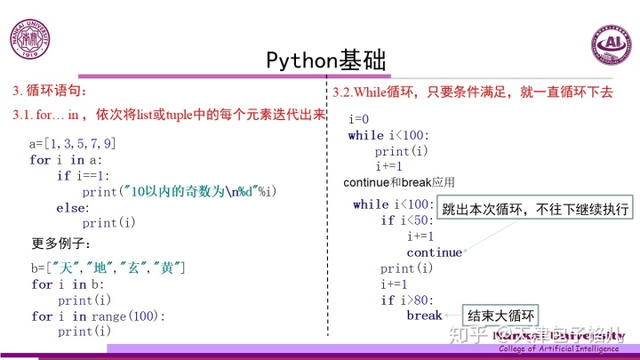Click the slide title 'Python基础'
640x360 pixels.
coord(325,60)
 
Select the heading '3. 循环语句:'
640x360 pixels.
coord(51,90)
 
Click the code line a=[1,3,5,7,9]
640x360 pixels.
coord(73,143)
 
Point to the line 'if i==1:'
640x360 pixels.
coord(86,175)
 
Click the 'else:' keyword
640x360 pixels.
coord(72,207)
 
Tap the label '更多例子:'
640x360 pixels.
coord(61,244)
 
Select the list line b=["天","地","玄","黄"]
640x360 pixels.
coord(108,268)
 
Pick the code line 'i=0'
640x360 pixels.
coord(359,119)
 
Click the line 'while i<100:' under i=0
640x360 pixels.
coord(388,135)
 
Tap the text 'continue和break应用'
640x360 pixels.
coord(399,182)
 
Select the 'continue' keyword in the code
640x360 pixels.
coord(435,252)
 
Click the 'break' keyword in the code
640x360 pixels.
coord(424,316)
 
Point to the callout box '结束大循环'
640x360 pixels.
coord(502,315)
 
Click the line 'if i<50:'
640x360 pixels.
coord(407,220)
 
